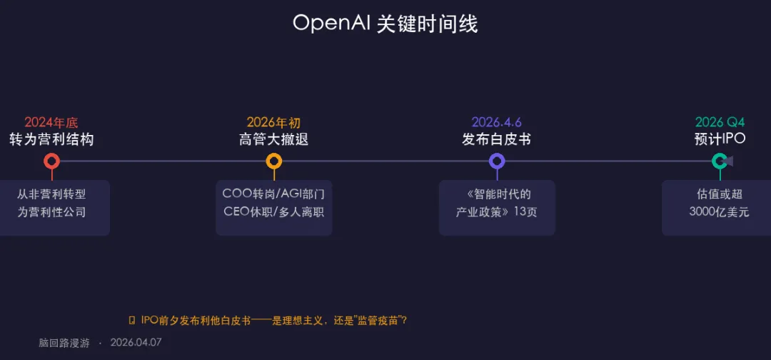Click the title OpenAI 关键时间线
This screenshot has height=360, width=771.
[385, 24]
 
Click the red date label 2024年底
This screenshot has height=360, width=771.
[51, 122]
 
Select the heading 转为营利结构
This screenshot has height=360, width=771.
[51, 139]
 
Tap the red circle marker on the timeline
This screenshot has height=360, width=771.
[51, 161]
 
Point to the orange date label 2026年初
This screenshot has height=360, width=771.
[273, 122]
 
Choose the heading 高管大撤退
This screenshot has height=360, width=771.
[273, 139]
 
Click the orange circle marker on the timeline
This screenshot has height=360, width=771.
[273, 161]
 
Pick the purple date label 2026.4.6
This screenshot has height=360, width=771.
[496, 122]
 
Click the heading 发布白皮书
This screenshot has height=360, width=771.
[496, 139]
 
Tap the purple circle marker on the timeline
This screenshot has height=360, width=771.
[496, 161]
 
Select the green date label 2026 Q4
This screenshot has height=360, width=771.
[720, 122]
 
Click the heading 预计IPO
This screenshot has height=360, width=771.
[720, 139]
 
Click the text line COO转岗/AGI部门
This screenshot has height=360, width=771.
[273, 194]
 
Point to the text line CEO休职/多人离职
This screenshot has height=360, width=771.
[273, 211]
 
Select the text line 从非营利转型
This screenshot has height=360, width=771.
[51, 194]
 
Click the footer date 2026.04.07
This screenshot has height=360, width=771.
[136, 342]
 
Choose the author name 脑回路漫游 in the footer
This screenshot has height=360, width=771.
[64, 342]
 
